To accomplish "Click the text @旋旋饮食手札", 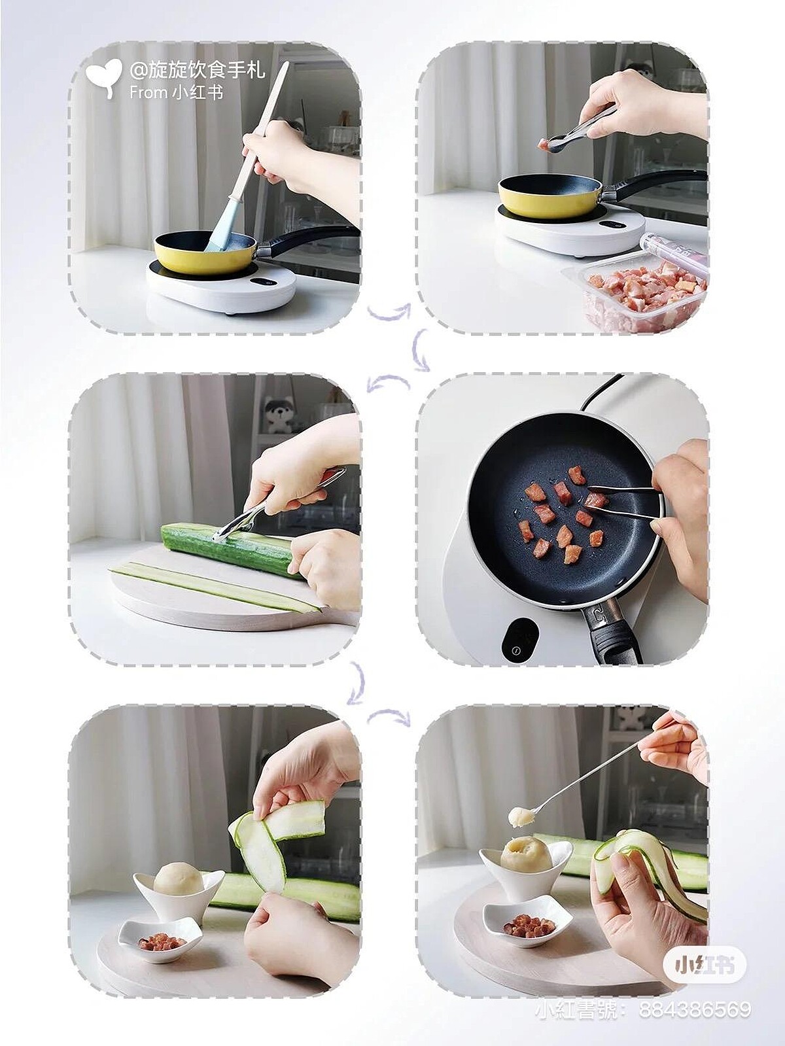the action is click(x=197, y=71).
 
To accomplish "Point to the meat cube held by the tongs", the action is click(x=542, y=145).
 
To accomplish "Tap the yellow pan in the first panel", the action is click(x=205, y=252).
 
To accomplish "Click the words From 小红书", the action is click(x=176, y=92).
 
